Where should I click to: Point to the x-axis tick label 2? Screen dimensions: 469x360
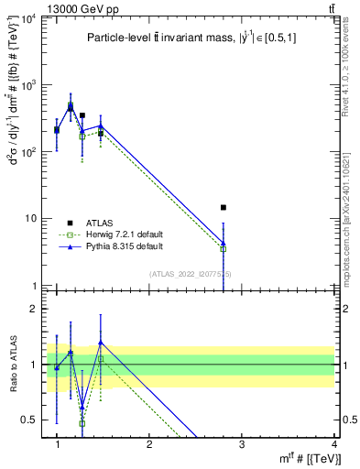(149, 444)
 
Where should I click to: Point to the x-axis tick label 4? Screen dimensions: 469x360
(334, 444)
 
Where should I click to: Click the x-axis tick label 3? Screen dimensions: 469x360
(242, 444)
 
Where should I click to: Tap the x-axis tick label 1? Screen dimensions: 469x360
(57, 444)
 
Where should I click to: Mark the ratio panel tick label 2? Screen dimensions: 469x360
(36, 310)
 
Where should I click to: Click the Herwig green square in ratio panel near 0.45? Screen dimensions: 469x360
(82, 423)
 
